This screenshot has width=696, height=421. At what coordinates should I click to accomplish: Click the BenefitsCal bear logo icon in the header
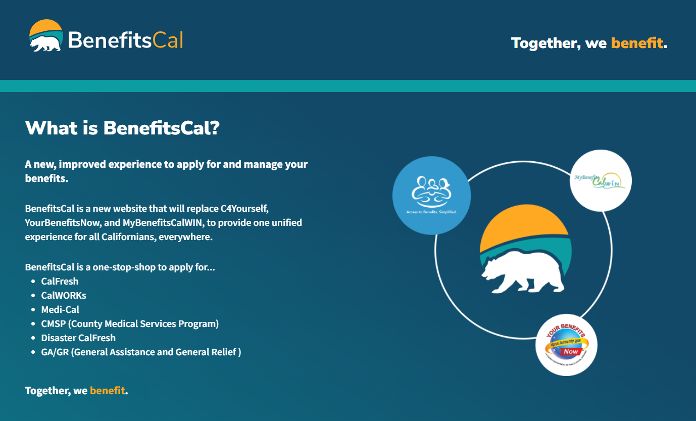click(46, 36)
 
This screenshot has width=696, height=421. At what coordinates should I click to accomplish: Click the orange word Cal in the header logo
click(167, 40)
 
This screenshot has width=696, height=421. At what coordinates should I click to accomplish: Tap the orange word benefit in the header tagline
click(636, 43)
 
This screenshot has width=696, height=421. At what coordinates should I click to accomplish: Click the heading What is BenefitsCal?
click(122, 128)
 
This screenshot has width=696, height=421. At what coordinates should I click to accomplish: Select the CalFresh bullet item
click(60, 282)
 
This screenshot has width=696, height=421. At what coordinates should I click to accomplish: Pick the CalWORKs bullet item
click(64, 296)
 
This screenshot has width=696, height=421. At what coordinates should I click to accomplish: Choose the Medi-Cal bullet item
click(60, 310)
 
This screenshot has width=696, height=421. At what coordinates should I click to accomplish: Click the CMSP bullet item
click(130, 324)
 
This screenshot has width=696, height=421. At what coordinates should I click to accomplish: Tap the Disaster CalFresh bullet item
click(78, 338)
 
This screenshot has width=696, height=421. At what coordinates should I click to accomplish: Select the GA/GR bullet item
click(141, 352)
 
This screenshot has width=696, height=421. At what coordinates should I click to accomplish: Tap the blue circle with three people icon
click(431, 195)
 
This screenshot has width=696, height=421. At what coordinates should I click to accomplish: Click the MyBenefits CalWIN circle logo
click(601, 180)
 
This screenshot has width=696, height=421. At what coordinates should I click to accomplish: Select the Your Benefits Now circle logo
click(566, 345)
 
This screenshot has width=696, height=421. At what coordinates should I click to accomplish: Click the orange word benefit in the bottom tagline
click(107, 391)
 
